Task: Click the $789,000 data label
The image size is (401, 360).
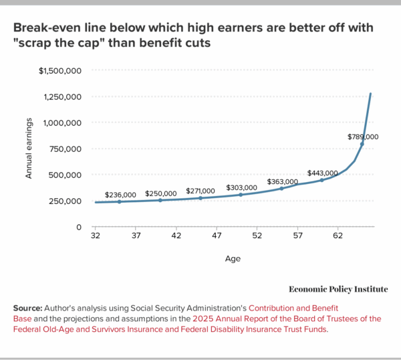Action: click(x=363, y=137)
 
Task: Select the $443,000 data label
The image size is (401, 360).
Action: click(x=323, y=172)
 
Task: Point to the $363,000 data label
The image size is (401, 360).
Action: click(x=283, y=181)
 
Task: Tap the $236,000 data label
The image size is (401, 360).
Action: click(x=120, y=193)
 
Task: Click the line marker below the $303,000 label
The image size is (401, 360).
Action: click(x=241, y=195)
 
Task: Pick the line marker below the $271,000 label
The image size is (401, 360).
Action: click(x=200, y=198)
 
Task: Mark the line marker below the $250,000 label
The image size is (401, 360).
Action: click(x=160, y=200)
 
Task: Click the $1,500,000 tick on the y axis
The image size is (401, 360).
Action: click(x=60, y=70)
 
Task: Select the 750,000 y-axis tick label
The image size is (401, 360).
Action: click(x=63, y=149)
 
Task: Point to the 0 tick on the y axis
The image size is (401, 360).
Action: click(x=80, y=227)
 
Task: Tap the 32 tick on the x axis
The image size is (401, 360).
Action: click(x=96, y=236)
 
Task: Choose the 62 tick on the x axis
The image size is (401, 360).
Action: click(x=338, y=236)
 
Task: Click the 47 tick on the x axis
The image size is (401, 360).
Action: click(x=217, y=236)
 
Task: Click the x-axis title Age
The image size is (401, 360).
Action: click(x=233, y=258)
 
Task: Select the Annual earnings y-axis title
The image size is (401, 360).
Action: click(x=29, y=149)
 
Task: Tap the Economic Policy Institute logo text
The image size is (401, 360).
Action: click(x=338, y=288)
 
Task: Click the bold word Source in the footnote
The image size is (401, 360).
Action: click(x=27, y=307)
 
